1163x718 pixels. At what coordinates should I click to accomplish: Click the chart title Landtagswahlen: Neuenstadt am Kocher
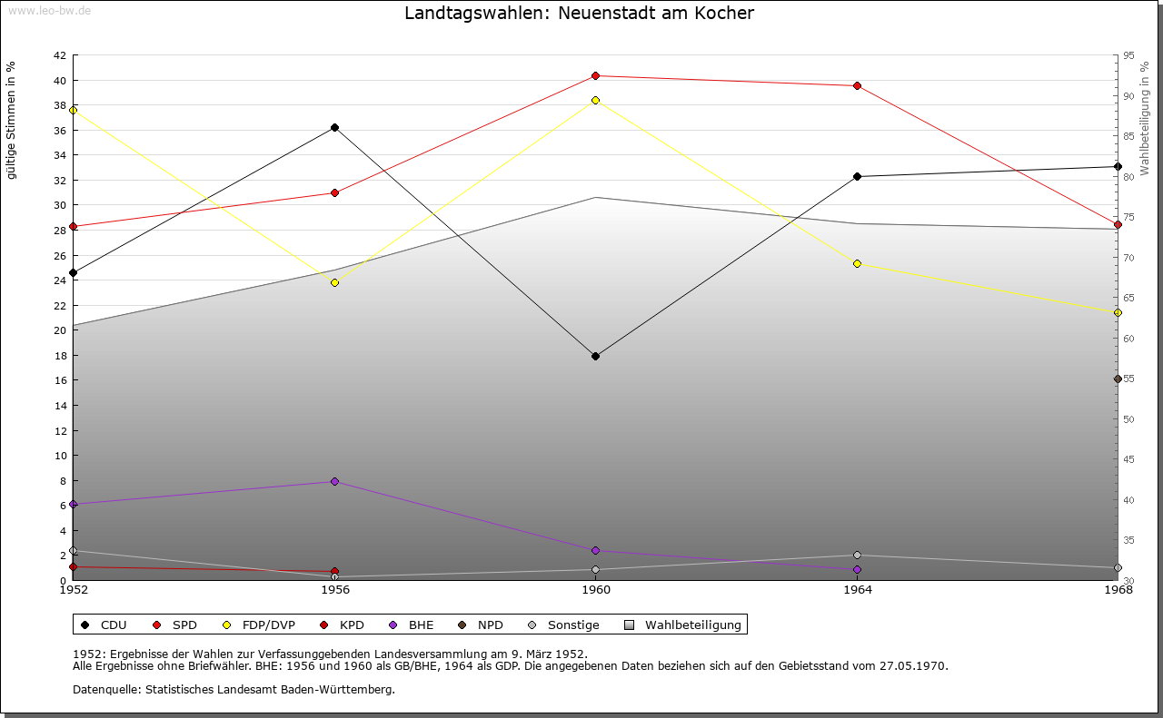point(579,14)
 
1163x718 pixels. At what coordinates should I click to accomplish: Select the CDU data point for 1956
point(334,128)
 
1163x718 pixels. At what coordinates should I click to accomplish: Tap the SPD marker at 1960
point(595,76)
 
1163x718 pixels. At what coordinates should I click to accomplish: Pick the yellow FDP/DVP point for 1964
point(857,264)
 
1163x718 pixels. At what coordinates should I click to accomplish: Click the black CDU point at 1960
point(595,356)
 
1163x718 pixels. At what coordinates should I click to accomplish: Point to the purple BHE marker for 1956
point(334,481)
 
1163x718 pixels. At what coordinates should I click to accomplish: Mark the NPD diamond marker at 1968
point(1118,379)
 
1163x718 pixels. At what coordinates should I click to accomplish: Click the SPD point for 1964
point(857,86)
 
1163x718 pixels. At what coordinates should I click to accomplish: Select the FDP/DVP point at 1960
point(595,100)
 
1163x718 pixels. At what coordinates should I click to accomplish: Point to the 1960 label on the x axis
point(596,591)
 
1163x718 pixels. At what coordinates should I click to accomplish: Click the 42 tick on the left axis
point(59,55)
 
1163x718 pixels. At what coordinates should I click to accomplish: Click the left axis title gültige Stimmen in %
point(12,120)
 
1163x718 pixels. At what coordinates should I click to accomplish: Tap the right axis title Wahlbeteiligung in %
point(1145,118)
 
